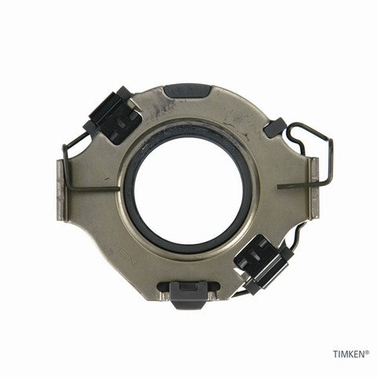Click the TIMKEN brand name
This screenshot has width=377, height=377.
(x=349, y=354)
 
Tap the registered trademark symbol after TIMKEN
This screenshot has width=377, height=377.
(x=368, y=352)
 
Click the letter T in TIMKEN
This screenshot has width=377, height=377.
(x=335, y=354)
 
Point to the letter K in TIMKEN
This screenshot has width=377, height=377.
(x=351, y=354)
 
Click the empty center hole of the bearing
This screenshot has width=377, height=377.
(x=188, y=190)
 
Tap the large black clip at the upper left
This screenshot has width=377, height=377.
(x=113, y=115)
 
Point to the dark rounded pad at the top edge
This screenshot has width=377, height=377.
(x=187, y=91)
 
